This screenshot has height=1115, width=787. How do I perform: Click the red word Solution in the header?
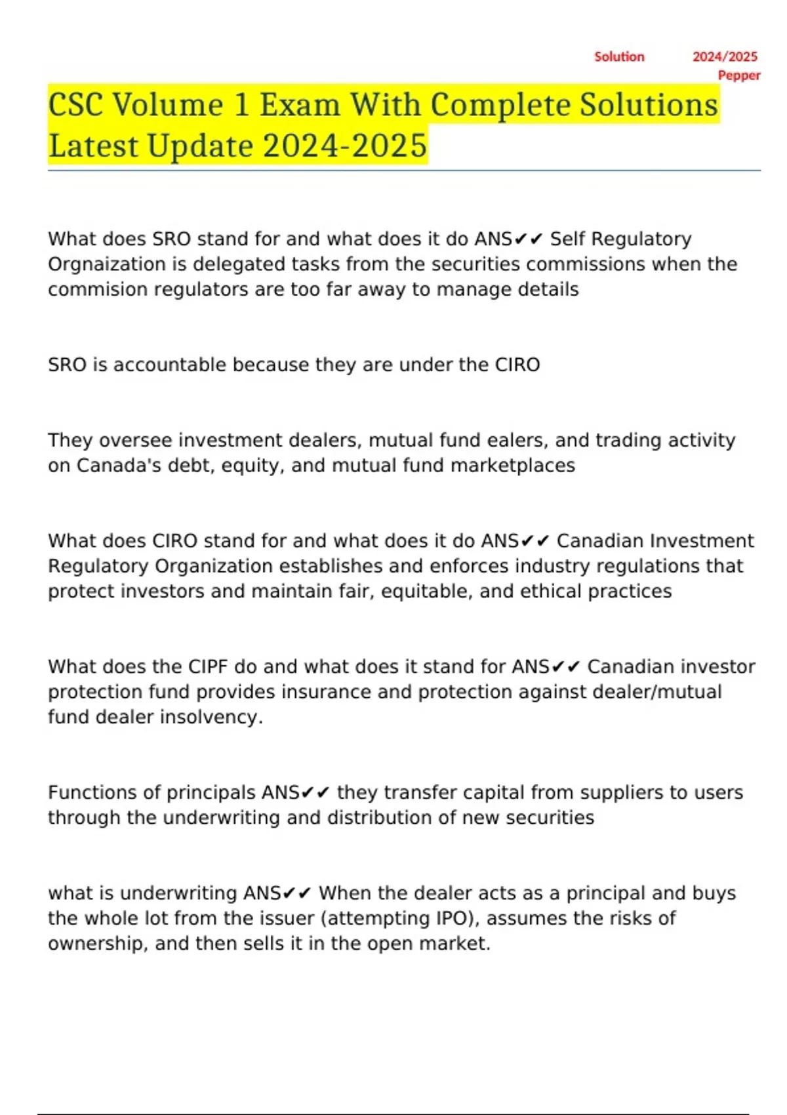(x=619, y=57)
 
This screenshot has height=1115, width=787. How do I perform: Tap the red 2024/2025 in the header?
(x=725, y=57)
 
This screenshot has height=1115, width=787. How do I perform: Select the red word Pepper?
(x=739, y=75)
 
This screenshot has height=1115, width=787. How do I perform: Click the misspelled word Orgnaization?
(x=111, y=264)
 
